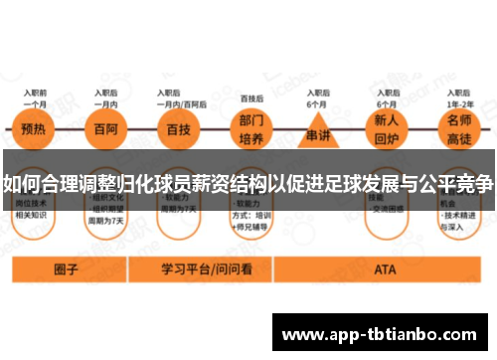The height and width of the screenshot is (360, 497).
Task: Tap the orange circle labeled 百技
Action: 180,130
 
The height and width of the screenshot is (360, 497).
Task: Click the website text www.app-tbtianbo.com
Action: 383,334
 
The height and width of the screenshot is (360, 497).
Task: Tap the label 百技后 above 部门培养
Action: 251,98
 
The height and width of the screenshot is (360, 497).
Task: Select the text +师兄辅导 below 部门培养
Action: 254,226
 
